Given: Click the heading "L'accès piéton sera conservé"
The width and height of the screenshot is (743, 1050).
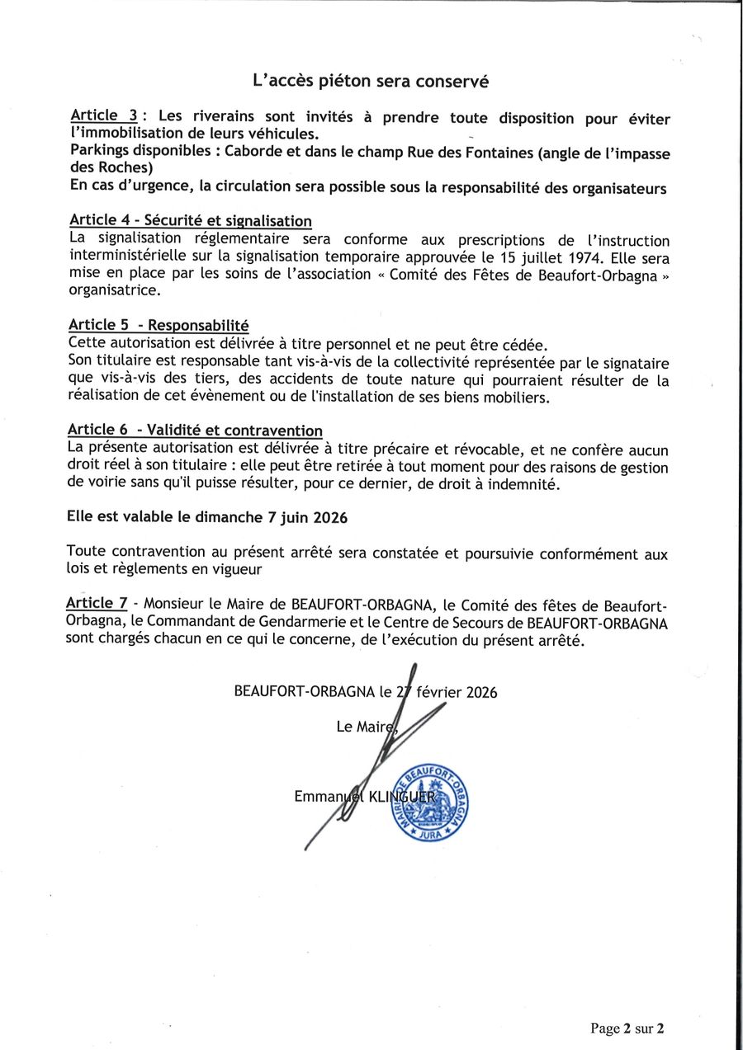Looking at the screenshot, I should click(371, 82).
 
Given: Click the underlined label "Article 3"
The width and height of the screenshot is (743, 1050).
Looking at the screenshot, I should click(103, 115).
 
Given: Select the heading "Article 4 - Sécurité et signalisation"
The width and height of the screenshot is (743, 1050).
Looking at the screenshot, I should click(191, 220).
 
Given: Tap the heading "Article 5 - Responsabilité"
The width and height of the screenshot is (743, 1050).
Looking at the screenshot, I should click(159, 325).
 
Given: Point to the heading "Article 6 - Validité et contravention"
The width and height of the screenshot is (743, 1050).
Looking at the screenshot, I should click(195, 430).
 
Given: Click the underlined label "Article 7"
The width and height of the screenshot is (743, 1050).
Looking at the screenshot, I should click(97, 603).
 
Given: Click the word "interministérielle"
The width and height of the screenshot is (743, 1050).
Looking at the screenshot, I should click(128, 257).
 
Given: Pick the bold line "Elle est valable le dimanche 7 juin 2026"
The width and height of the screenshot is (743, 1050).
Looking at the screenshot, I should click(207, 518).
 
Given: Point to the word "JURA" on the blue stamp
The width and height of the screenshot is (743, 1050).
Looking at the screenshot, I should click(431, 834).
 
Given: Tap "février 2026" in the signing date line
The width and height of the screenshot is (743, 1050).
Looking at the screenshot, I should click(457, 692).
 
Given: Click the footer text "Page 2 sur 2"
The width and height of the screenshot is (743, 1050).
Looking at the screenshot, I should click(627, 1028).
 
